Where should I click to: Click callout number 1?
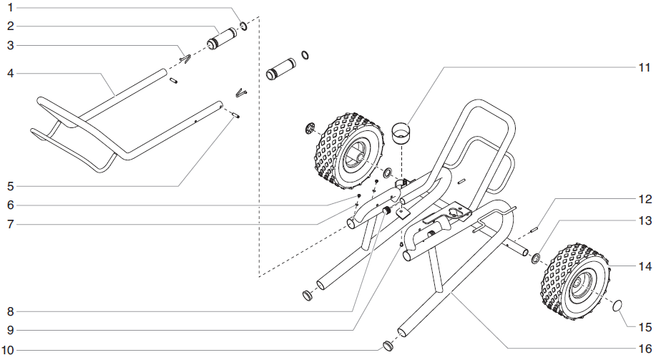point(10,7)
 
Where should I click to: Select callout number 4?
point(10,73)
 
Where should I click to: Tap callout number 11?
point(643,67)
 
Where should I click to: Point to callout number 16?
point(643,349)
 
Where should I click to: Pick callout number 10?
point(10,349)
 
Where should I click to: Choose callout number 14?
point(643,266)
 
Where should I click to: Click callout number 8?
point(10,311)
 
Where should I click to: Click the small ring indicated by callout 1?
point(244,26)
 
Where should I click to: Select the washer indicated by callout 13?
point(536,257)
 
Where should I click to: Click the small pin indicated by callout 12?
point(534,229)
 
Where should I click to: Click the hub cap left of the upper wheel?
point(310,129)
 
